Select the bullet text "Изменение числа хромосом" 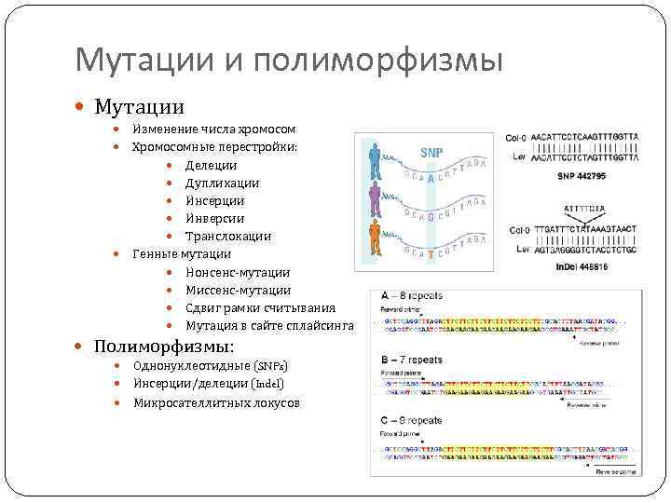(x=214, y=129)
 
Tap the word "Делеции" (x=211, y=165)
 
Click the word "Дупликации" (x=222, y=183)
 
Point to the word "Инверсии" (x=214, y=218)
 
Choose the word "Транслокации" (x=227, y=236)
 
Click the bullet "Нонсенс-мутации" (x=238, y=271)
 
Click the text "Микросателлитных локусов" (x=216, y=402)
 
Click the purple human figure (x=375, y=198)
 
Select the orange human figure (x=375, y=238)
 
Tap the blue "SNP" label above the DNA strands (x=431, y=152)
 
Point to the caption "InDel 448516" (x=582, y=265)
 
